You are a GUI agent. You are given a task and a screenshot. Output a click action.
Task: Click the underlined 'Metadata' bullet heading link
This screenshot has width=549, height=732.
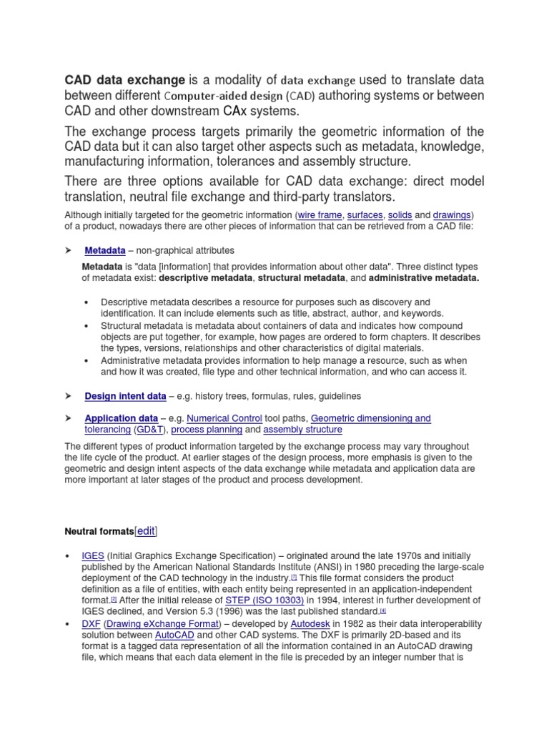[105, 251]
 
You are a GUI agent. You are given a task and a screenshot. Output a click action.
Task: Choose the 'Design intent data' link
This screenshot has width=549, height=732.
[125, 395]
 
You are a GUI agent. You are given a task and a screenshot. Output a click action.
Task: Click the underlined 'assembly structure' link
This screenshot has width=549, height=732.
[302, 430]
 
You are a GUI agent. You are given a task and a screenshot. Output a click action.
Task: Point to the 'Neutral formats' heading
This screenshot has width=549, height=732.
[99, 531]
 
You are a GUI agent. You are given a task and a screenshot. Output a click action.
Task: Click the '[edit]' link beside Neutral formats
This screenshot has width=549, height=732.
[146, 531]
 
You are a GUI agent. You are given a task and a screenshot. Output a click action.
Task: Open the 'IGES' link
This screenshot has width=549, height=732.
[93, 555]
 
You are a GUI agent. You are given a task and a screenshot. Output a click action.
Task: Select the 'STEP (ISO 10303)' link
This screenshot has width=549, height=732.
[264, 600]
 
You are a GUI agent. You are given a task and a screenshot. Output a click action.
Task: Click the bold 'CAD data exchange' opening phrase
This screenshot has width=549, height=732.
[125, 79]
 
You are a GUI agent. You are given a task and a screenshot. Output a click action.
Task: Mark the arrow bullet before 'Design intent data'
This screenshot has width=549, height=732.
[69, 395]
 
